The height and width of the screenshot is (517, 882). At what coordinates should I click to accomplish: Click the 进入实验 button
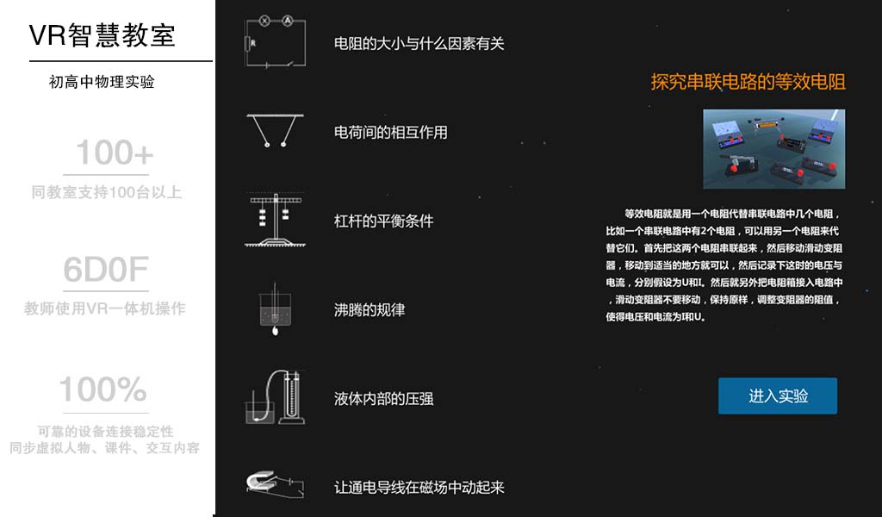click(x=778, y=396)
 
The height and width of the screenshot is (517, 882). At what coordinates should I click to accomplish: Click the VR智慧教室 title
click(x=102, y=35)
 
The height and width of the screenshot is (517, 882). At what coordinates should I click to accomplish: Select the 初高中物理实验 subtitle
click(x=102, y=83)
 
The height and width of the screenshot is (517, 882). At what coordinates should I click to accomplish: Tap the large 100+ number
click(x=115, y=153)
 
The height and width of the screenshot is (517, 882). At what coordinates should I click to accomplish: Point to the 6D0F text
click(x=105, y=270)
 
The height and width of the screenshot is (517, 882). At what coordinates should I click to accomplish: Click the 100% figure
click(x=102, y=390)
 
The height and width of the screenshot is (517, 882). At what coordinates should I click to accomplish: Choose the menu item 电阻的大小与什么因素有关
click(x=419, y=43)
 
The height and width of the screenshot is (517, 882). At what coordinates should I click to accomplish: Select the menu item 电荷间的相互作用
click(x=390, y=132)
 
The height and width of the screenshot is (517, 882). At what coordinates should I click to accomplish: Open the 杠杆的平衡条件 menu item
click(x=383, y=221)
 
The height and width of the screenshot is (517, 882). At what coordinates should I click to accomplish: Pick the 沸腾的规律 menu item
click(x=369, y=309)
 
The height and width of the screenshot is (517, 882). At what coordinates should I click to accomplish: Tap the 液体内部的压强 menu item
click(x=383, y=398)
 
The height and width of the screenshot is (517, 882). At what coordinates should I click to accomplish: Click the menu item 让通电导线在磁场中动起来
click(x=419, y=487)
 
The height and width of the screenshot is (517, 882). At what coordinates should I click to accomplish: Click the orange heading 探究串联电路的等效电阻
click(x=748, y=82)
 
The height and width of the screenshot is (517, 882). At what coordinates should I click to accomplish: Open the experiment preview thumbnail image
click(x=773, y=148)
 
